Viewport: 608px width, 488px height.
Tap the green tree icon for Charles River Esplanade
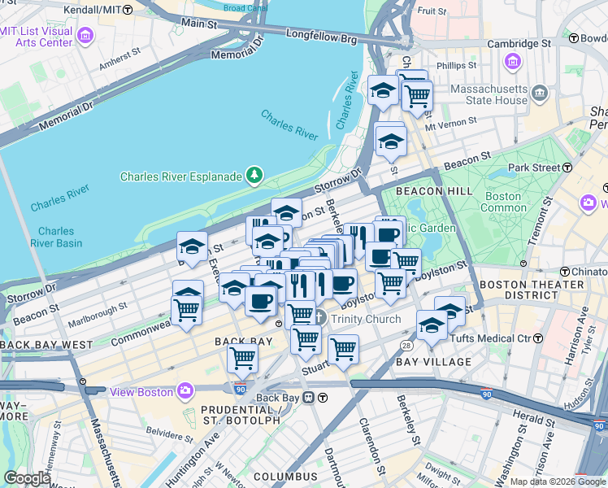click(x=255, y=175)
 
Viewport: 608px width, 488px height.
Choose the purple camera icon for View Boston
click(x=185, y=391)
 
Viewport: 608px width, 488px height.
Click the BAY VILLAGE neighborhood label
click(x=433, y=361)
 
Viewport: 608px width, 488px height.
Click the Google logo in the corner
click(x=27, y=478)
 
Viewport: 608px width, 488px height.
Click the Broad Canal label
click(x=245, y=9)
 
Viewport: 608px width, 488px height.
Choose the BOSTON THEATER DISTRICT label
click(x=521, y=291)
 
